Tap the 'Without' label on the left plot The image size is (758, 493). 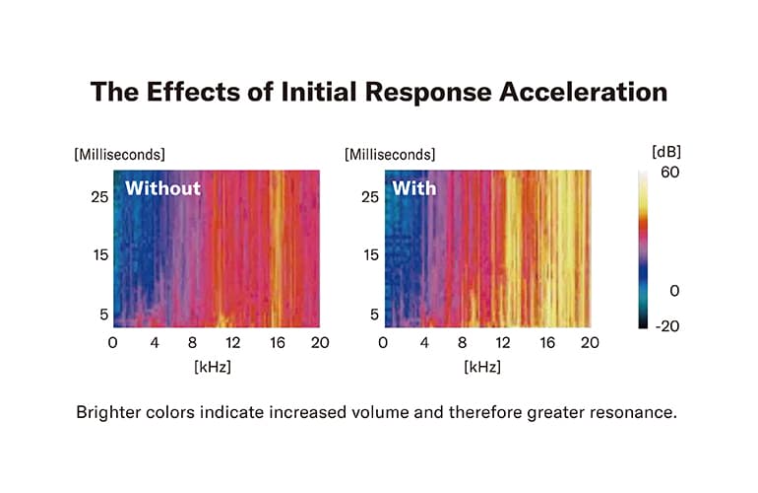(162, 187)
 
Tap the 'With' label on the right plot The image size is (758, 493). (413, 187)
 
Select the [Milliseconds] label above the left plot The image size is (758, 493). (119, 154)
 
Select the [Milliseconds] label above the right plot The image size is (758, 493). (389, 154)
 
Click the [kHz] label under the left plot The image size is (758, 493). (216, 367)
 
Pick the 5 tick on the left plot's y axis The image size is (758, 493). (99, 315)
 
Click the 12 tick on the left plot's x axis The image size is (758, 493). (233, 342)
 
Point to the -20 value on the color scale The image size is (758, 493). (668, 325)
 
